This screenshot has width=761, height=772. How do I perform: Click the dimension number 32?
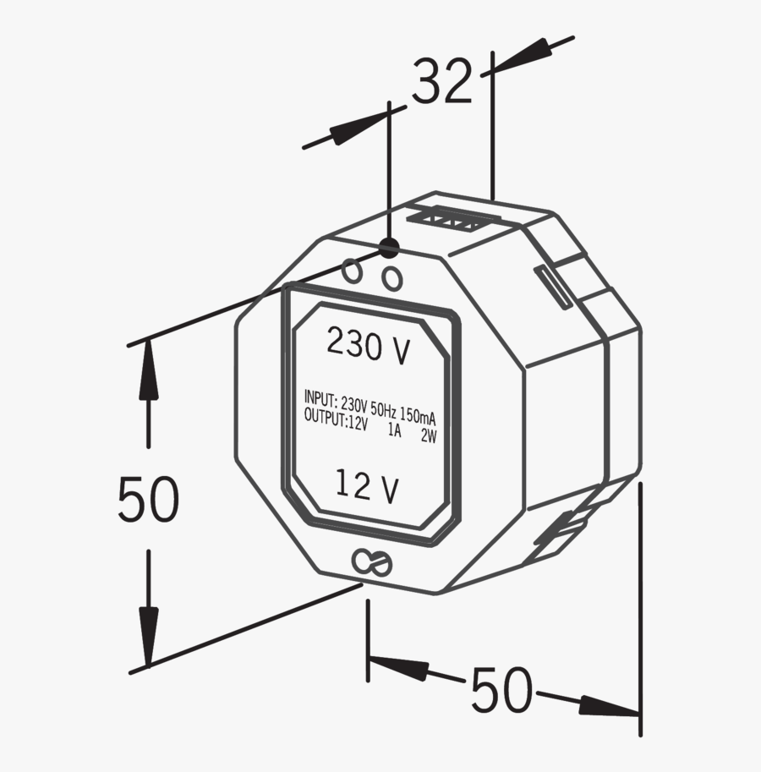[442, 83]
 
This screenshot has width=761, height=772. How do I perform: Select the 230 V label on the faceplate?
[369, 345]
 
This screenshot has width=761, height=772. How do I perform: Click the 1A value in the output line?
[393, 430]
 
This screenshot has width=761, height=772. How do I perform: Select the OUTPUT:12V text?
[336, 420]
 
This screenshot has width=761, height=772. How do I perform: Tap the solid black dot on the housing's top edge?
[389, 248]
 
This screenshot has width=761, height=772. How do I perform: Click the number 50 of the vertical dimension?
[148, 500]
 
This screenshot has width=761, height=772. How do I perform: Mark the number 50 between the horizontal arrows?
[501, 690]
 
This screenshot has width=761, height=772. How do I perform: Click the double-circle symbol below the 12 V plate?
[371, 562]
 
